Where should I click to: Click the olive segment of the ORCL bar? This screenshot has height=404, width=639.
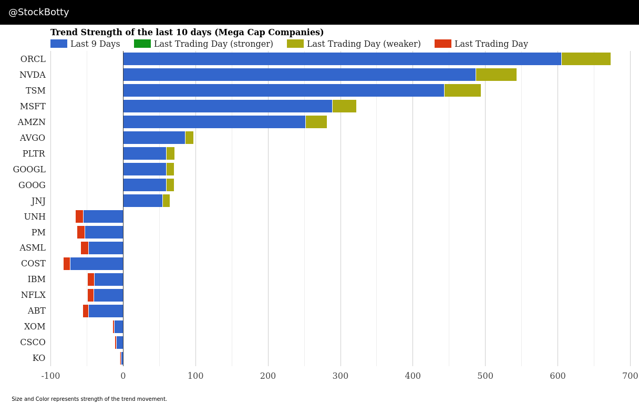pos(586,59)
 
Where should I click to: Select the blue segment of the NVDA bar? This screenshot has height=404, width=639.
pos(299,75)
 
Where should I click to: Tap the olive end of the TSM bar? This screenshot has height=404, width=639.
pos(462,90)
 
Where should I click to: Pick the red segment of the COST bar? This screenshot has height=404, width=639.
pos(67,264)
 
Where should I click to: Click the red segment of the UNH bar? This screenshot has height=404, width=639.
pos(79,216)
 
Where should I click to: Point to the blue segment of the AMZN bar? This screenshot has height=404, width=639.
pos(214,122)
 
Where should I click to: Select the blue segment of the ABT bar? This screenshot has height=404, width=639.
pos(106,311)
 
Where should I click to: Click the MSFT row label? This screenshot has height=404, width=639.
pos(33,106)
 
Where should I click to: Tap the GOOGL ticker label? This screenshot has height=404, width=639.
pos(29,169)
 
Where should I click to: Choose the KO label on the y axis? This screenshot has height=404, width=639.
pos(39,358)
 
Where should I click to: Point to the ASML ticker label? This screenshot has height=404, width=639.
pos(33,248)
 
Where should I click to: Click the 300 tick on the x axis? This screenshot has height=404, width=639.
pos(341,376)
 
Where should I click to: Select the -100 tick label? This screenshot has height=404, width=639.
pos(50,376)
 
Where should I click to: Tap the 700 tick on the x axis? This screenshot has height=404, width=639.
pos(630,376)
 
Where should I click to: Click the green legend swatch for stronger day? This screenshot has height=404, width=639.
pos(142,44)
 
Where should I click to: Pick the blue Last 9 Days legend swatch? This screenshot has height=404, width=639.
pos(59,44)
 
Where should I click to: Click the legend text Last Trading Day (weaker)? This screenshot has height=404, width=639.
pos(364,44)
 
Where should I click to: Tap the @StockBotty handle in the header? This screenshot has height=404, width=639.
pos(39,12)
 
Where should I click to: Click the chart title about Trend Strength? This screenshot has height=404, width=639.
pos(187,32)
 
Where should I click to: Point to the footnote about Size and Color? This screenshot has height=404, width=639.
pos(89,399)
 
